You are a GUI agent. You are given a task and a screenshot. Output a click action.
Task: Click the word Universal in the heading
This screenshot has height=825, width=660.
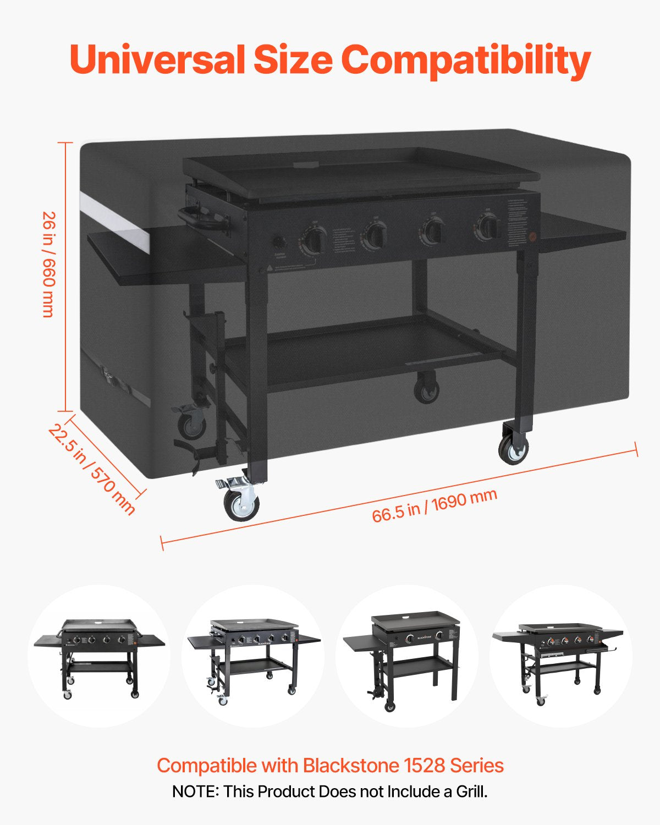157,59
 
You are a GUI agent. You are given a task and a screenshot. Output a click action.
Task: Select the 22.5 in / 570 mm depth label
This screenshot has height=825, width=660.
91,469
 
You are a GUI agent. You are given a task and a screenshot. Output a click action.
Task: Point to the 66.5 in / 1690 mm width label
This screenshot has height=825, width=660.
435,505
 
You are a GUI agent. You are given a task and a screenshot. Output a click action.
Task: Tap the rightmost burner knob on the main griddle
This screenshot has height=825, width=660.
488,226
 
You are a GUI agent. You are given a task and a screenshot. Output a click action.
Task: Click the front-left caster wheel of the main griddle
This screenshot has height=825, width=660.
241,503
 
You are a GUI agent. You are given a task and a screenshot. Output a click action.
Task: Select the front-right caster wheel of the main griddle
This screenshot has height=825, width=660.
514,449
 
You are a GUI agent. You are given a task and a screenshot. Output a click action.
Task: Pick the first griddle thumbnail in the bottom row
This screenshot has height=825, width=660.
99,656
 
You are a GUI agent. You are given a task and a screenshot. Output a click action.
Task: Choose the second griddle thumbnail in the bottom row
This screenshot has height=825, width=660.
253,656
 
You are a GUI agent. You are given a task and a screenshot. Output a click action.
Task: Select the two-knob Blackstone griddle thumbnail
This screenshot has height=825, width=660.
407,656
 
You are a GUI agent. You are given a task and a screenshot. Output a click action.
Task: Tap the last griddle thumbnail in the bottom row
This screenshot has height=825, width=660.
561,656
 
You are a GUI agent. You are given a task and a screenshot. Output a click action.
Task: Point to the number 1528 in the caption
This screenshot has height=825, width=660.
424,765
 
